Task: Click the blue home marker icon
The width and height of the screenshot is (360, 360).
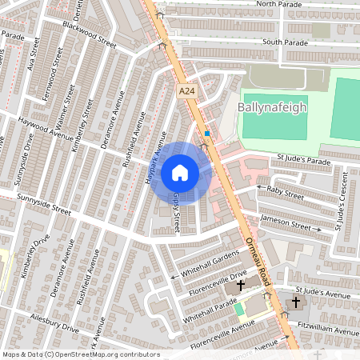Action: point(180,172)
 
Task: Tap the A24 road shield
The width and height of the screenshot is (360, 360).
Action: point(187,93)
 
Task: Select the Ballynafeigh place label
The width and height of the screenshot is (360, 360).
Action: point(272,108)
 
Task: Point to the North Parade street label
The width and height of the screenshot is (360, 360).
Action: point(280,4)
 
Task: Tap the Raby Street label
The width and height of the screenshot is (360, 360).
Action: point(286,193)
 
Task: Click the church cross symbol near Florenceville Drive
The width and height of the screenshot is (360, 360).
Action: point(240,286)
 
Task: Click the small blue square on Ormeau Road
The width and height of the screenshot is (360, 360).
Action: point(207,133)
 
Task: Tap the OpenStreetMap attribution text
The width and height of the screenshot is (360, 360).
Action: point(81,354)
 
